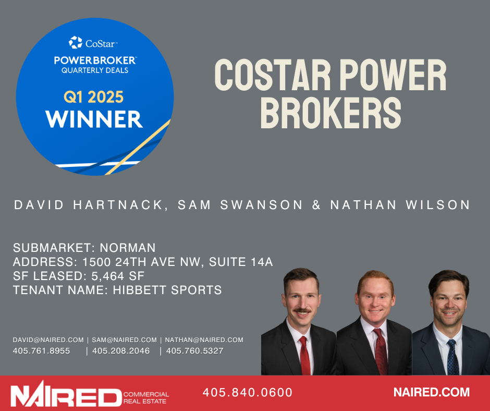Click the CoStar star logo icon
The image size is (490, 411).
tap(75, 43)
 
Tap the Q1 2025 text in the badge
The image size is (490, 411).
tap(94, 97)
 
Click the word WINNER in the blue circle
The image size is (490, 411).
tap(94, 119)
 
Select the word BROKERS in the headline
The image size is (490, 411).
tap(330, 113)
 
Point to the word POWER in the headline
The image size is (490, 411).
tap(393, 75)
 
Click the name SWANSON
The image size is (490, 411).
tap(262, 205)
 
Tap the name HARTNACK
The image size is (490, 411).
tap(118, 205)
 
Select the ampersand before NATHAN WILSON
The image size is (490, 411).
tap(316, 205)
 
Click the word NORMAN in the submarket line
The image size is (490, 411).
tap(128, 248)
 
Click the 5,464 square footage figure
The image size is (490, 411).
tap(105, 276)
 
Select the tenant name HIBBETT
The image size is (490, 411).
tap(140, 290)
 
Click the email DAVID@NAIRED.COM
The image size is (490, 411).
tap(48, 340)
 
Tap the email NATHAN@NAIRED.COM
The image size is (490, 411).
tap(204, 340)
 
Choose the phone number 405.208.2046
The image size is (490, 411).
tap(121, 351)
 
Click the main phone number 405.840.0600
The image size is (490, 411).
tap(248, 392)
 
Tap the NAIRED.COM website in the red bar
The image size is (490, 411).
tap(432, 392)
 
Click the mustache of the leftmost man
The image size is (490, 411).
tap(302, 310)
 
